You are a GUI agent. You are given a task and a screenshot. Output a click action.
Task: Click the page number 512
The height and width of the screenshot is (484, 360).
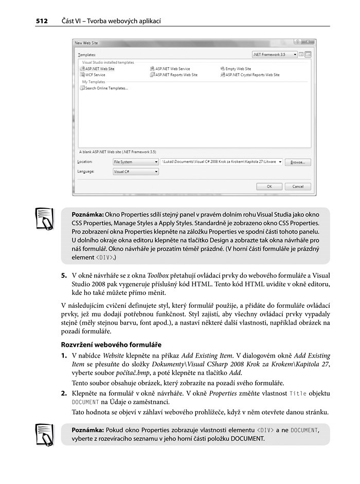42,21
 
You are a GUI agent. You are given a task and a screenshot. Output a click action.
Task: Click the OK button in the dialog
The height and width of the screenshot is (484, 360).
269,187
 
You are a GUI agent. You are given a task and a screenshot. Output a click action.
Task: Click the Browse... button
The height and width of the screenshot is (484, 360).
298,162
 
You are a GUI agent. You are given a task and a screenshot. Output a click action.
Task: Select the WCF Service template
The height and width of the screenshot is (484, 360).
93,75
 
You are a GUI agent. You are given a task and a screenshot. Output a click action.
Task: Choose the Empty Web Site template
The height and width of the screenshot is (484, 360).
238,68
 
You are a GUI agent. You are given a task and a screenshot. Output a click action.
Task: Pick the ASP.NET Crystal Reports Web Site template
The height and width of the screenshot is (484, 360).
252,75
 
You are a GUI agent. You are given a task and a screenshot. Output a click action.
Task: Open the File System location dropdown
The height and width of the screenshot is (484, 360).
136,162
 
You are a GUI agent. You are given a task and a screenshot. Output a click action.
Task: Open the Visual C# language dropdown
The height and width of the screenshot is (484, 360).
136,172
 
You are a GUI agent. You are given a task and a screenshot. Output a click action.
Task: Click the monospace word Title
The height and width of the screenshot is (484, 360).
298,393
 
